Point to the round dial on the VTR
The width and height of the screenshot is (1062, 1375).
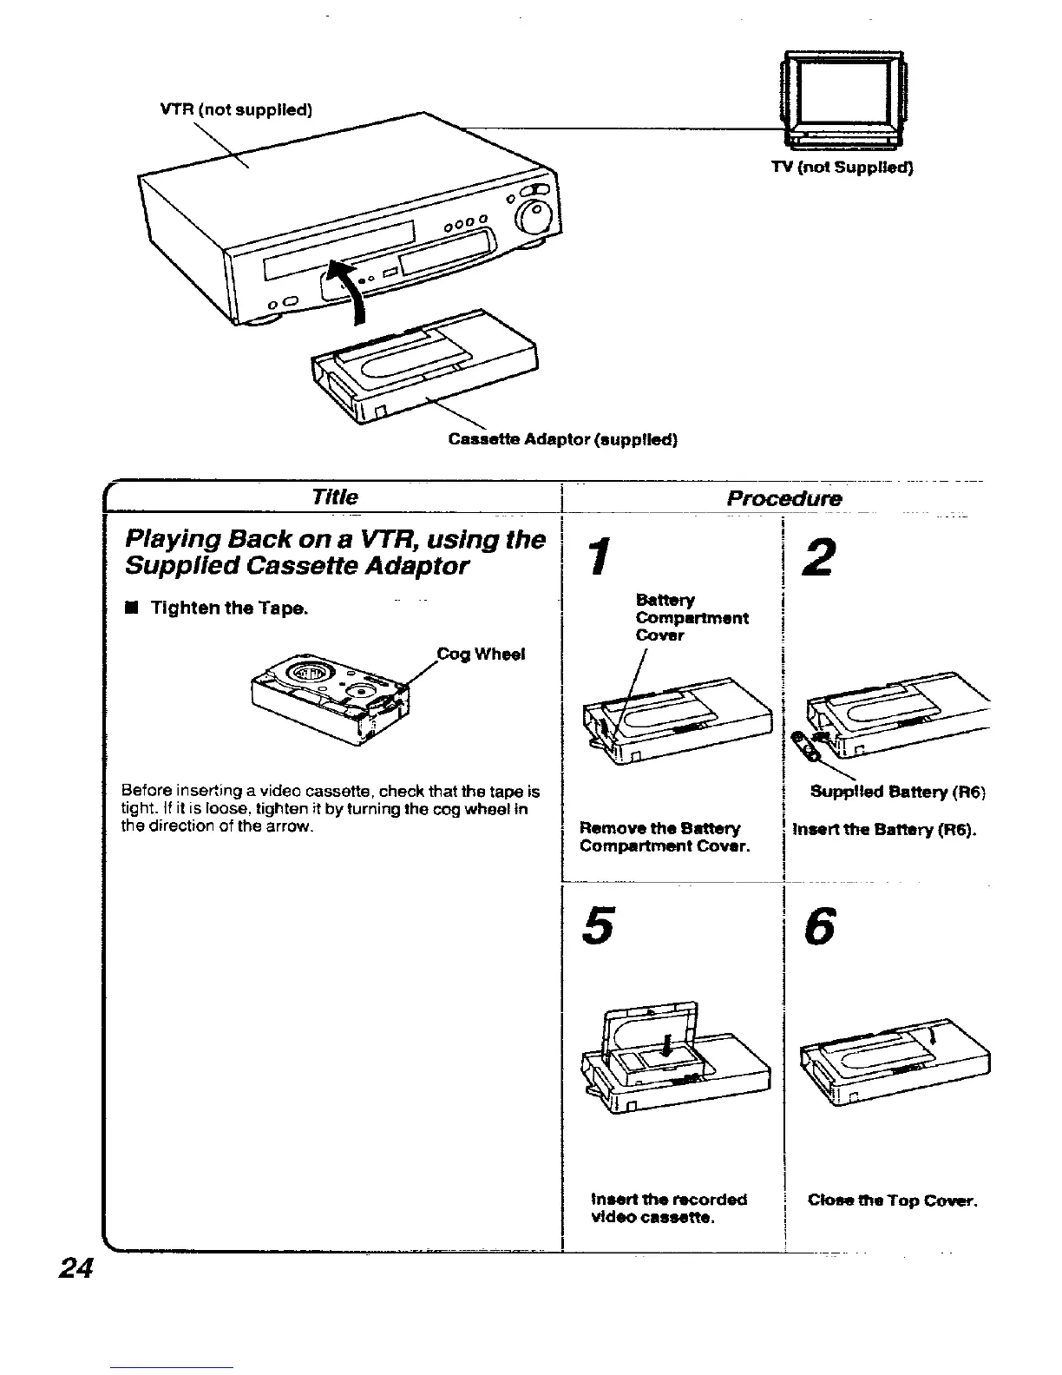pyautogui.click(x=533, y=214)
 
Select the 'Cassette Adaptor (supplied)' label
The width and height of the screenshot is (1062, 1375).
pyautogui.click(x=562, y=439)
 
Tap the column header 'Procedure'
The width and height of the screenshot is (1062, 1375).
pyautogui.click(x=784, y=498)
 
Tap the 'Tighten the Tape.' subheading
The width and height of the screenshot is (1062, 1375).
pyautogui.click(x=229, y=609)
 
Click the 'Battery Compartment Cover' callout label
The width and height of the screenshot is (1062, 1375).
pyautogui.click(x=691, y=618)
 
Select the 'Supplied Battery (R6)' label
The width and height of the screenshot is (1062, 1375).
pyautogui.click(x=897, y=792)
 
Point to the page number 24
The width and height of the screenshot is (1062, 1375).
pyautogui.click(x=75, y=1269)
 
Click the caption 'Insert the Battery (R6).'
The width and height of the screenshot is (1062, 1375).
pyautogui.click(x=884, y=829)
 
